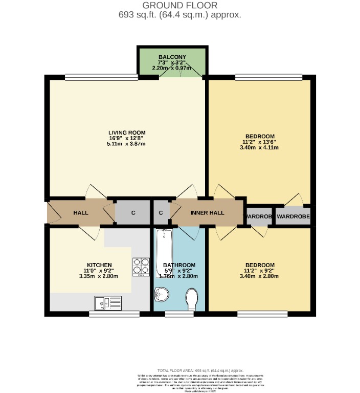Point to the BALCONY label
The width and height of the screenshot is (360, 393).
click(x=172, y=56)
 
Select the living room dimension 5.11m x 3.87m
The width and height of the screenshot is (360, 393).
click(x=123, y=144)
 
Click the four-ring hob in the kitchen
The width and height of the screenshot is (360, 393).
click(x=141, y=267)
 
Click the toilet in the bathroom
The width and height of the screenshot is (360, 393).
click(x=192, y=299)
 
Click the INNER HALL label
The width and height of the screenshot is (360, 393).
click(x=207, y=212)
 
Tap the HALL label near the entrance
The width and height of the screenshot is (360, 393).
click(x=81, y=212)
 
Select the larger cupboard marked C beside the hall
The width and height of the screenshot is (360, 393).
click(x=132, y=212)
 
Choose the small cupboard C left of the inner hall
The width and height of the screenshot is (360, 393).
click(x=161, y=212)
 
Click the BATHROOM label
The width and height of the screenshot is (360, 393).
click(x=179, y=265)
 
